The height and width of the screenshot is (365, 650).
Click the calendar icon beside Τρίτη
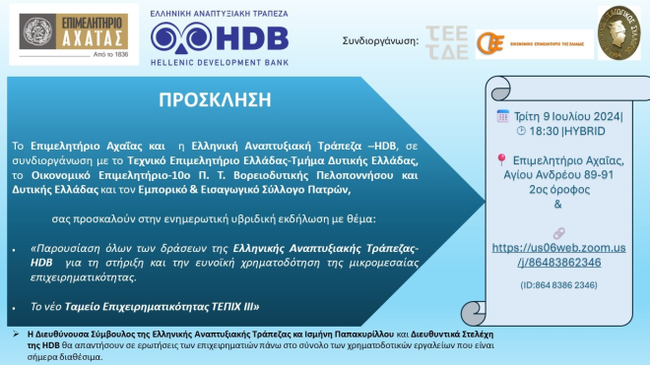pos(502,115)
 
